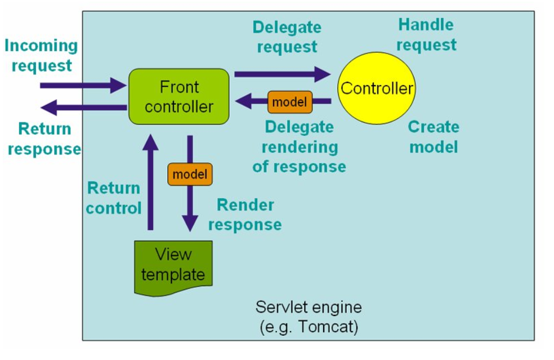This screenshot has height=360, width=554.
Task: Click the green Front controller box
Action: tap(179, 96)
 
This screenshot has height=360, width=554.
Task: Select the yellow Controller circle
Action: tap(377, 88)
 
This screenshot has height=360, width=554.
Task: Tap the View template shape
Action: tap(173, 265)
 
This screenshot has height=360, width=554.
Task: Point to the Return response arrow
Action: tap(84, 106)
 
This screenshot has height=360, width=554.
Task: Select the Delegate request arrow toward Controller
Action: tap(282, 73)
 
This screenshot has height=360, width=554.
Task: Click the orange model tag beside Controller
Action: tap(289, 102)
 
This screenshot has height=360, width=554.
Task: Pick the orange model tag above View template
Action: tap(190, 174)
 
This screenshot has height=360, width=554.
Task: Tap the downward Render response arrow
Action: tap(190, 208)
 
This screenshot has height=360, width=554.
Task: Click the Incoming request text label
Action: tap(41, 55)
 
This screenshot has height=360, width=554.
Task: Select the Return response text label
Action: tap(44, 139)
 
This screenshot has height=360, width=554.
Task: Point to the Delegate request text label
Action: tap(287, 37)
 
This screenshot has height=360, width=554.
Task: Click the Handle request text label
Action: tap(426, 34)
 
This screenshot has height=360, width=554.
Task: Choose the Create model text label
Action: tap(434, 136)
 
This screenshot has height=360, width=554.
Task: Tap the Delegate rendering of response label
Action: tap(299, 147)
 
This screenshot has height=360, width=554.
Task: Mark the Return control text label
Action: tap(114, 198)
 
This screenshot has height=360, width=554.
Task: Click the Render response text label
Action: tap(245, 215)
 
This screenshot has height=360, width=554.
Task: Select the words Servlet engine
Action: tap(309, 308)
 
